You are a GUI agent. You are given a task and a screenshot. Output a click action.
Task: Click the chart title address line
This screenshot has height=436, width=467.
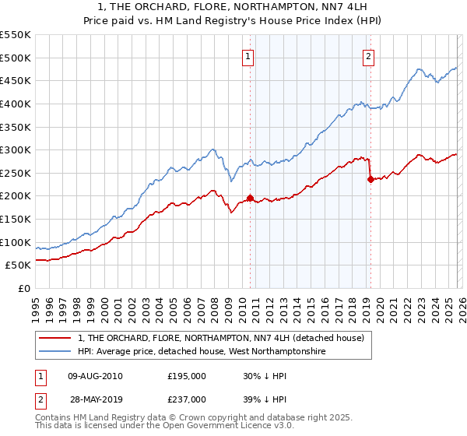point(233,7)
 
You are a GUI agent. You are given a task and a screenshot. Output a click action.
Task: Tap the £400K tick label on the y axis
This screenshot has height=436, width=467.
point(16,104)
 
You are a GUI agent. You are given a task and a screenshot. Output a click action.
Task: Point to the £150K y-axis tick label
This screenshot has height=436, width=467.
point(16,220)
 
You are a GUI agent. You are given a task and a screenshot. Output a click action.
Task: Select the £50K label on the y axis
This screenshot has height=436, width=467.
point(18,265)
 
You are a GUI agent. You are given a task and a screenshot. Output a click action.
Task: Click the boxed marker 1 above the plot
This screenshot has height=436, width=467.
point(248,55)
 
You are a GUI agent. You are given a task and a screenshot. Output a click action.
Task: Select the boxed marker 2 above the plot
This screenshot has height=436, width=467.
point(367,55)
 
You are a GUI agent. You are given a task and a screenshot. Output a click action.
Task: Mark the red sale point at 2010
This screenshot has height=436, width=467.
point(250,198)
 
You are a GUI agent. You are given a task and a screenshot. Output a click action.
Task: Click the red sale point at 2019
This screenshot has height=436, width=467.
point(370,179)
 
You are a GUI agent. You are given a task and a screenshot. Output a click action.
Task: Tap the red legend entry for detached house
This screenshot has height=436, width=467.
point(226,339)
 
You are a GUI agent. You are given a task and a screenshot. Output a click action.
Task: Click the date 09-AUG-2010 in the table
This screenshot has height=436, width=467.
point(95,375)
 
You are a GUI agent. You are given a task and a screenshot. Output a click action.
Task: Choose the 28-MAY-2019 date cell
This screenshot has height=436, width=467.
point(95,399)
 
